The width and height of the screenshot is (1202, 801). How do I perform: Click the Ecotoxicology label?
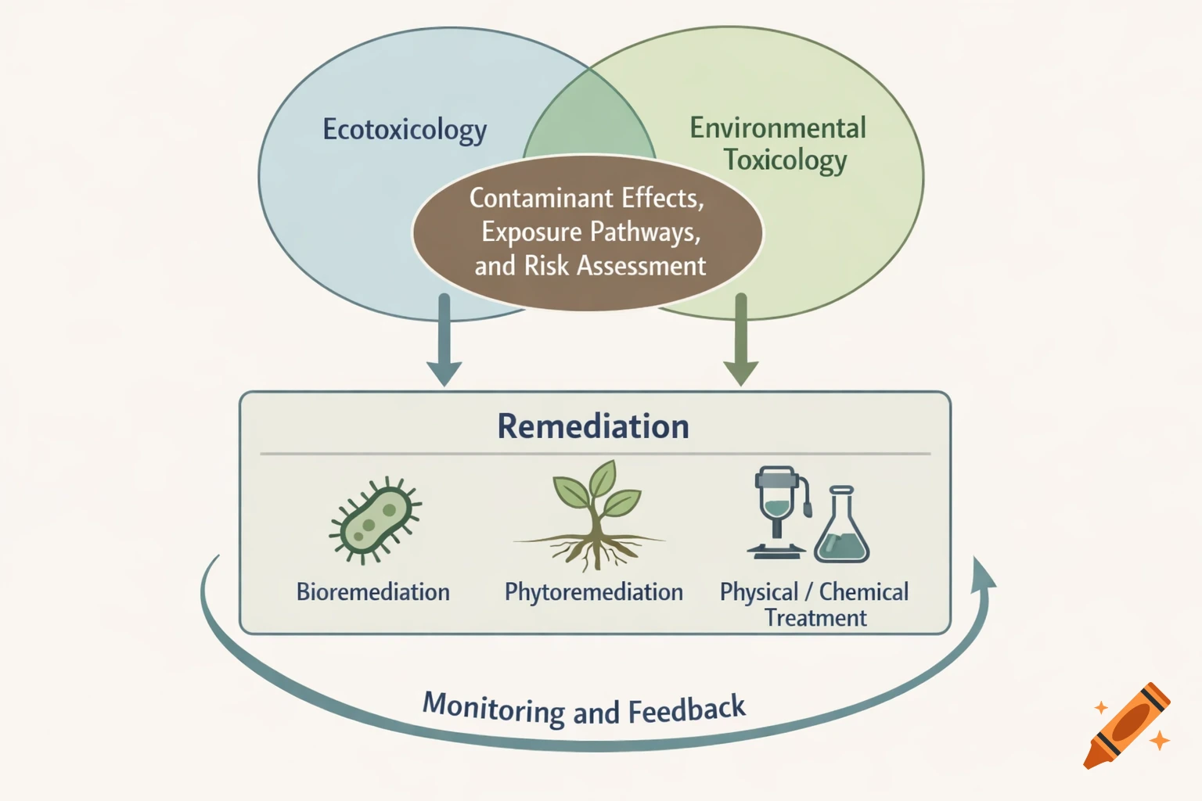[x=405, y=130]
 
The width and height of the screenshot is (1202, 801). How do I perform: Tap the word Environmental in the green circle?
[x=777, y=128]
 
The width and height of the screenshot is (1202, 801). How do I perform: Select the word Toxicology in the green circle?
[x=785, y=160]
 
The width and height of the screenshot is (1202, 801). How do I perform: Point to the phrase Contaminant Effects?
[x=586, y=199]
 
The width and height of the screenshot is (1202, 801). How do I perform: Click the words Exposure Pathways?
[x=591, y=232]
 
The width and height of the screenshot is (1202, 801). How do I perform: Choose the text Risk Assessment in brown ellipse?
[x=614, y=266]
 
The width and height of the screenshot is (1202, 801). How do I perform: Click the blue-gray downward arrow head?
[x=444, y=372]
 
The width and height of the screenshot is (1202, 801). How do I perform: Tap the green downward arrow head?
[x=740, y=372]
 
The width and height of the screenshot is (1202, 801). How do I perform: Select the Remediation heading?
[x=593, y=426]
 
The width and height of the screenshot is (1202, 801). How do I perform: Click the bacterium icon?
[x=375, y=520]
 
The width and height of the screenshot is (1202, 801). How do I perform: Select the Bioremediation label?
[x=372, y=592]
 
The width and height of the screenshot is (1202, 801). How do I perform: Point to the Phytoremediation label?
[x=593, y=592]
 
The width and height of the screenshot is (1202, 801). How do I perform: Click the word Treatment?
[x=815, y=619]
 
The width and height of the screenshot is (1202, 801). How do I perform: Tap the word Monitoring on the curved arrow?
[x=493, y=709]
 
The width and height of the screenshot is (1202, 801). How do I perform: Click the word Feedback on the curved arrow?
[x=686, y=710]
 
